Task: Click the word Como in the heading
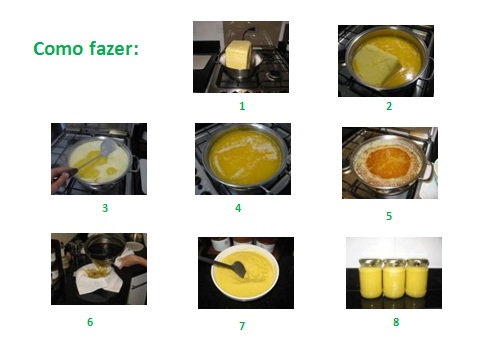(58, 49)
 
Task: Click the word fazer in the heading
(111, 48)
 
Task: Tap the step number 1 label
(242, 106)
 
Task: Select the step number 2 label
(389, 106)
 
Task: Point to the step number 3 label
(105, 208)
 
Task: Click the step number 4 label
(238, 208)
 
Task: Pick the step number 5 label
(389, 216)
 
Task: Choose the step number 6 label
(90, 322)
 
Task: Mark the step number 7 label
(242, 326)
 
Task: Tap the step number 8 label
(396, 322)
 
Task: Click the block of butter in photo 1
(239, 55)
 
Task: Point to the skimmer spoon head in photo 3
(110, 146)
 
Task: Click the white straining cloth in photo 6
(99, 278)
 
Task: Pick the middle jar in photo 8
(394, 278)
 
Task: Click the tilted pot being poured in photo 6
(104, 248)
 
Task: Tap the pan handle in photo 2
(429, 69)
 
